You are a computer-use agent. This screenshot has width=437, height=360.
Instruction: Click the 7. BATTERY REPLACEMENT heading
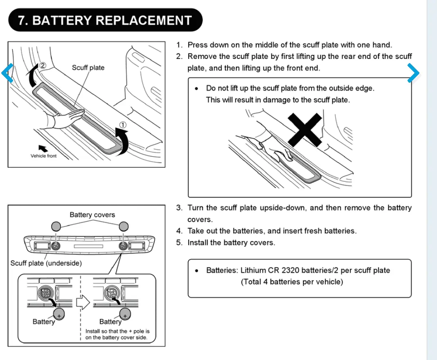[105, 20]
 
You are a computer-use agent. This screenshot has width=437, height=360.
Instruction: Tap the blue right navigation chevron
[414, 74]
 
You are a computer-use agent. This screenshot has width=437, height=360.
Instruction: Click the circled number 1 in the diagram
[123, 125]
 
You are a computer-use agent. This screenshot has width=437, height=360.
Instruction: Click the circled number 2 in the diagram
[42, 66]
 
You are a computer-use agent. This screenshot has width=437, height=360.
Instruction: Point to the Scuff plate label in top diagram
[88, 68]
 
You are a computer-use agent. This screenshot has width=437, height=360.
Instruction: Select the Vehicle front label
[43, 156]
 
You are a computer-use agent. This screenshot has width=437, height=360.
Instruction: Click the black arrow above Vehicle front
[43, 147]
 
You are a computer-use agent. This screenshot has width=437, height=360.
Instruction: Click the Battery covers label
[92, 215]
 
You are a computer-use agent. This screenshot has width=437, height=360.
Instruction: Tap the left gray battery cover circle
[56, 226]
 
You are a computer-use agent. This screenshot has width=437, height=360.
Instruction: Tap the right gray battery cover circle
[124, 226]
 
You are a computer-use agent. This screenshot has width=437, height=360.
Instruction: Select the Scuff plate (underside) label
[46, 263]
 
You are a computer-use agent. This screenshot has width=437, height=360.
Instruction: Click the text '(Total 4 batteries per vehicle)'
[292, 282]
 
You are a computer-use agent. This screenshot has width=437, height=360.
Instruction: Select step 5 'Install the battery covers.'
[231, 242]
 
